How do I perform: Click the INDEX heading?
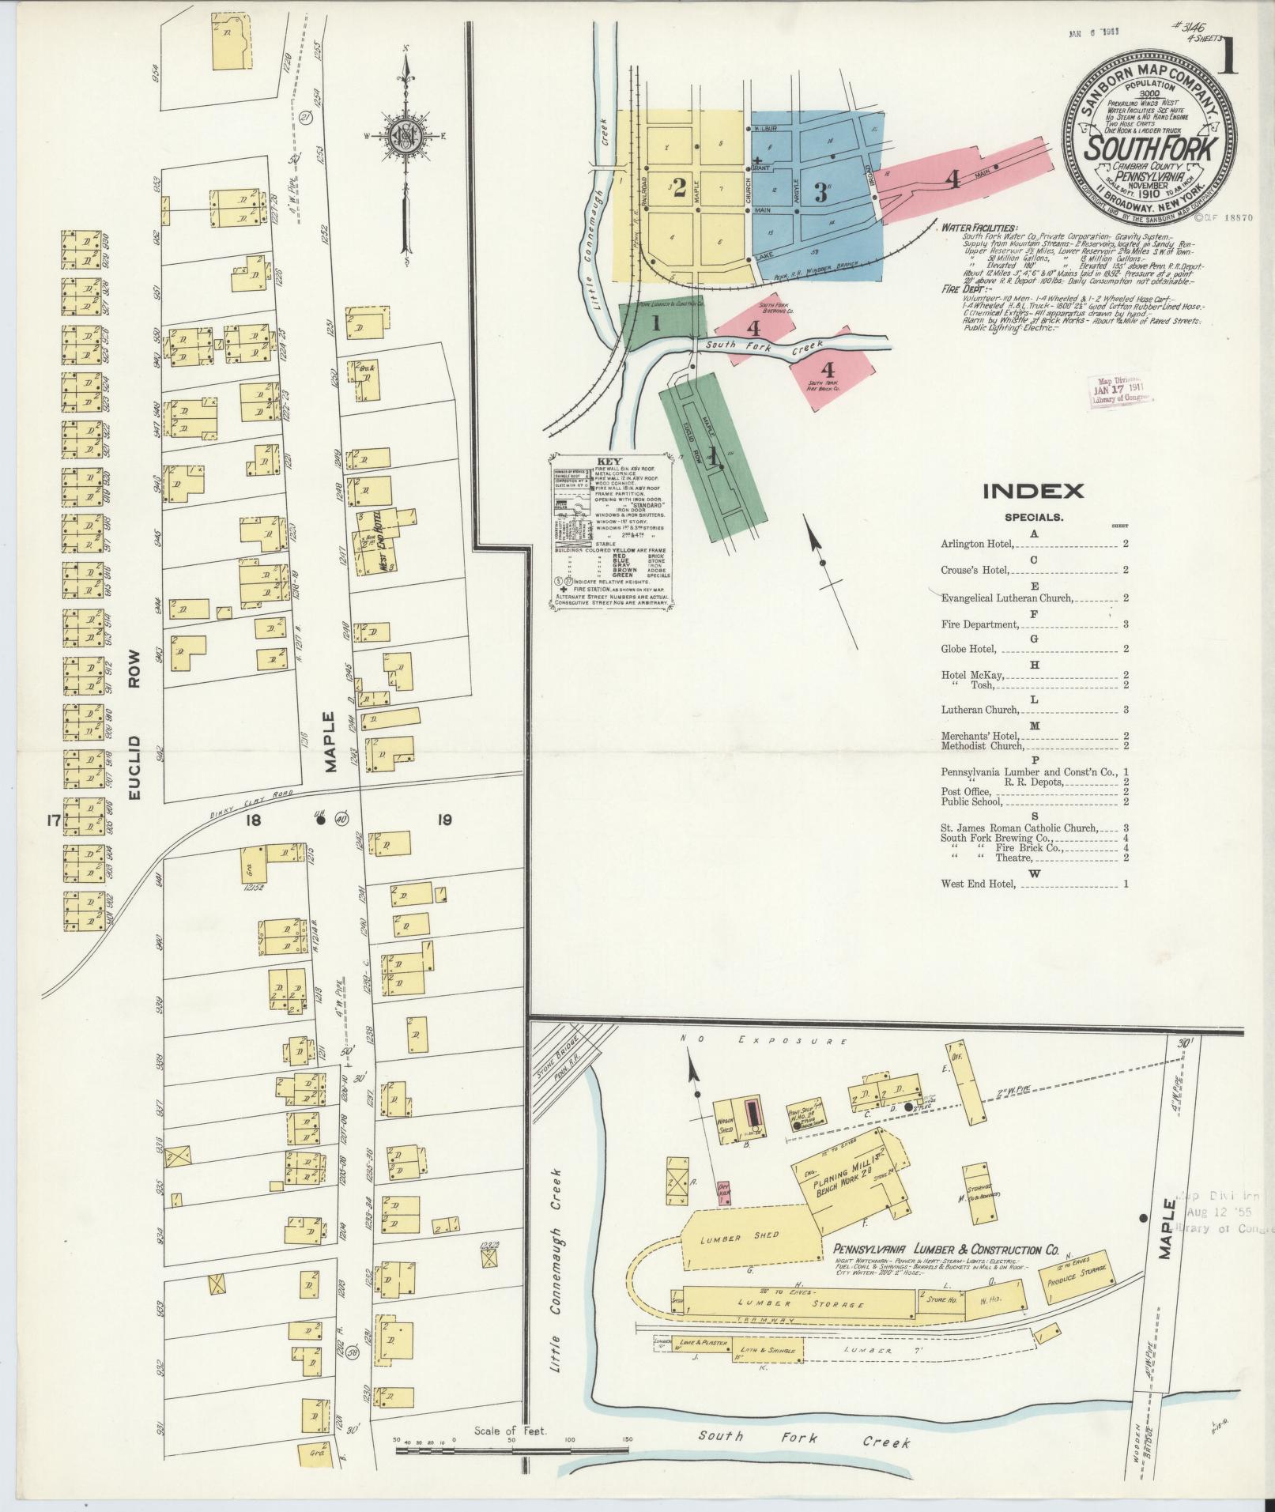[x=1032, y=491]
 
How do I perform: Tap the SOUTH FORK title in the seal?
[x=1148, y=149]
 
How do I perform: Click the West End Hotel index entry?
[x=977, y=884]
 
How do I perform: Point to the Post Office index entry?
[x=961, y=791]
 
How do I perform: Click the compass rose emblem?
[x=404, y=134]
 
